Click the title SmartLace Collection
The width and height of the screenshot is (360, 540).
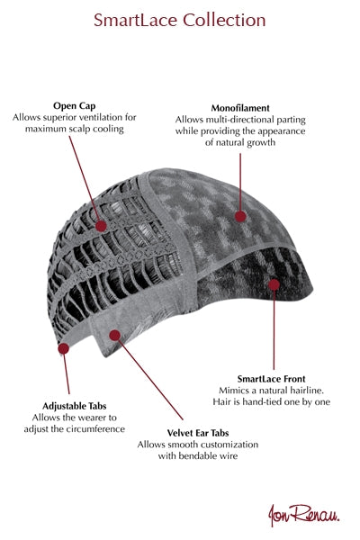[179, 20]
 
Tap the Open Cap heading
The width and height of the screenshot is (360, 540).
[75, 106]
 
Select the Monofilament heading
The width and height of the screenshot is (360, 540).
[240, 108]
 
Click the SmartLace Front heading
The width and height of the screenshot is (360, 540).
[271, 379]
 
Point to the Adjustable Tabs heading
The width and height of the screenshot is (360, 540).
[75, 406]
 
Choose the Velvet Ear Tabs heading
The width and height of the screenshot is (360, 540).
[198, 433]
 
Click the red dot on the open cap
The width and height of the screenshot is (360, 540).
[101, 226]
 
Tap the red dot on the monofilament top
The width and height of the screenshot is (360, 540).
[240, 217]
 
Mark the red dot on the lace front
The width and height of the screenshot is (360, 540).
[274, 284]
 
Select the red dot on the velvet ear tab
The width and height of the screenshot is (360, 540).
[114, 335]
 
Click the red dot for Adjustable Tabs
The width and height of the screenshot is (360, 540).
[63, 348]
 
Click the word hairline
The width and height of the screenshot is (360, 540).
[309, 391]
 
